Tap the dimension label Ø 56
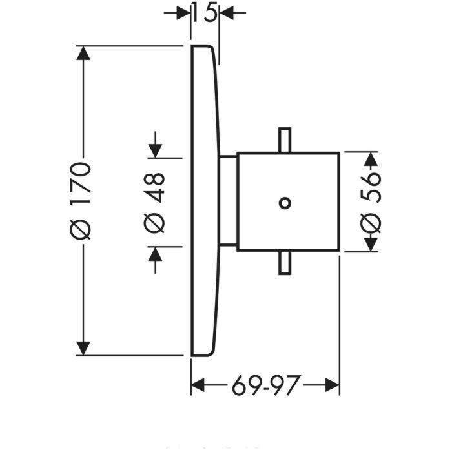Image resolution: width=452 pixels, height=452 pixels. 371,202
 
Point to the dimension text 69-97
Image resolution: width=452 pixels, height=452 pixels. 265,386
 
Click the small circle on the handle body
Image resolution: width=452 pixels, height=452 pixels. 284,203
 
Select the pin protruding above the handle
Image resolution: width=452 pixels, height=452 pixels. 284,140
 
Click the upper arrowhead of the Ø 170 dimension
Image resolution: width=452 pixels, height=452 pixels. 82,53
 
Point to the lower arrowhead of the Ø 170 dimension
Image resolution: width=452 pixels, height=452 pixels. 82,348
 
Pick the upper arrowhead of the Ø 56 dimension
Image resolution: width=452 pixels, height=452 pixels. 371,159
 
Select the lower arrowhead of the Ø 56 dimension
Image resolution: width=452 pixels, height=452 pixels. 371,244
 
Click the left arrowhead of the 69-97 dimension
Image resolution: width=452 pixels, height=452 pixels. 198,386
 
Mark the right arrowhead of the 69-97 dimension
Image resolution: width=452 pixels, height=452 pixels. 333,386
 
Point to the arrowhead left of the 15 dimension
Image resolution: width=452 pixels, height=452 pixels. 183,13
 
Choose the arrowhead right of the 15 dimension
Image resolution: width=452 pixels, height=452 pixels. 227,13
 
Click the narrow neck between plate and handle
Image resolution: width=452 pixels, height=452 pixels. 229,201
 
